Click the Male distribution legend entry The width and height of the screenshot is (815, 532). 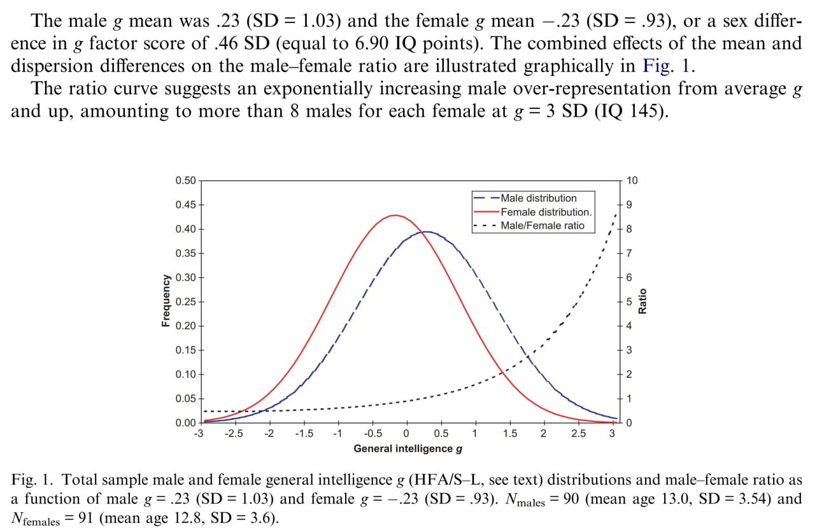pos(538,198)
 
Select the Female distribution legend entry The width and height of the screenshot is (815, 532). pos(546,212)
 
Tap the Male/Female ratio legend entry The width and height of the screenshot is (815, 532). pos(542,226)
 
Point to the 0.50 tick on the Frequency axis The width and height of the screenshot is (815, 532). pos(187,181)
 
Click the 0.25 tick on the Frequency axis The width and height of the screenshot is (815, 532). pos(187,302)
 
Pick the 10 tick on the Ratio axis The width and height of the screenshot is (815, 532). pos(632,181)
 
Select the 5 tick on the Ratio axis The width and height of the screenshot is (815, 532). pos(629,302)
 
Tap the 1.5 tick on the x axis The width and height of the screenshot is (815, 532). pos(509,435)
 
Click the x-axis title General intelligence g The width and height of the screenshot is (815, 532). pos(408,449)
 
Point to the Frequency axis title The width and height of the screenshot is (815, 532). pos(166,301)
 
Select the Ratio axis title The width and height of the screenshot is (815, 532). pos(642,301)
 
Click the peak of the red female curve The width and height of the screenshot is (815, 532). pos(395,215)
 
